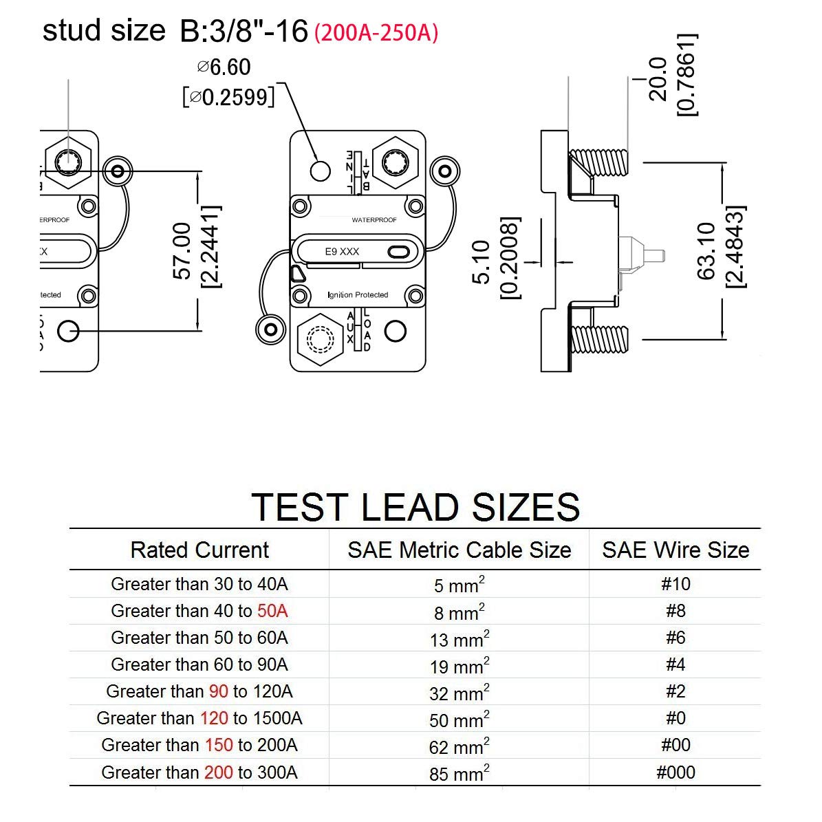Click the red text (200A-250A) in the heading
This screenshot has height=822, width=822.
coord(376,33)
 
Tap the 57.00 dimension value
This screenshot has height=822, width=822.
coord(182,250)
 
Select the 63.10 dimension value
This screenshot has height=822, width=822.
coord(707,250)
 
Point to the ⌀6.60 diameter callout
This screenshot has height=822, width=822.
coord(224,67)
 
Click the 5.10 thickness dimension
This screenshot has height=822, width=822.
coord(482,261)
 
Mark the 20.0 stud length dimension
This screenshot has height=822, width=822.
coord(658,79)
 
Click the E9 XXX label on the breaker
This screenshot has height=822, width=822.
coord(342,252)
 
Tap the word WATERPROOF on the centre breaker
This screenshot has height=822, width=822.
coord(374,220)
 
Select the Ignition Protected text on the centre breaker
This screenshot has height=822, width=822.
coord(358,295)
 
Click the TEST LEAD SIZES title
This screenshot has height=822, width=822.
coord(415,507)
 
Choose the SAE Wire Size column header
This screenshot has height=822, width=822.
coord(675,550)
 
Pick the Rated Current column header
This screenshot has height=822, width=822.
coord(199,550)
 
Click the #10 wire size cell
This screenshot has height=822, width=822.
coord(675,584)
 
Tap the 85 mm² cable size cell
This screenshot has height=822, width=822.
coord(459,773)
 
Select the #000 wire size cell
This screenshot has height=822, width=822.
coord(675,772)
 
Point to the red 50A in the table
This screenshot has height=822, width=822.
coord(272,611)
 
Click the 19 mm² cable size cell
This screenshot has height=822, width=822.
coord(459,666)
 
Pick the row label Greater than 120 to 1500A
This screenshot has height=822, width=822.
coord(199,718)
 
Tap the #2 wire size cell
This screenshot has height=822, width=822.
coord(675,691)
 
